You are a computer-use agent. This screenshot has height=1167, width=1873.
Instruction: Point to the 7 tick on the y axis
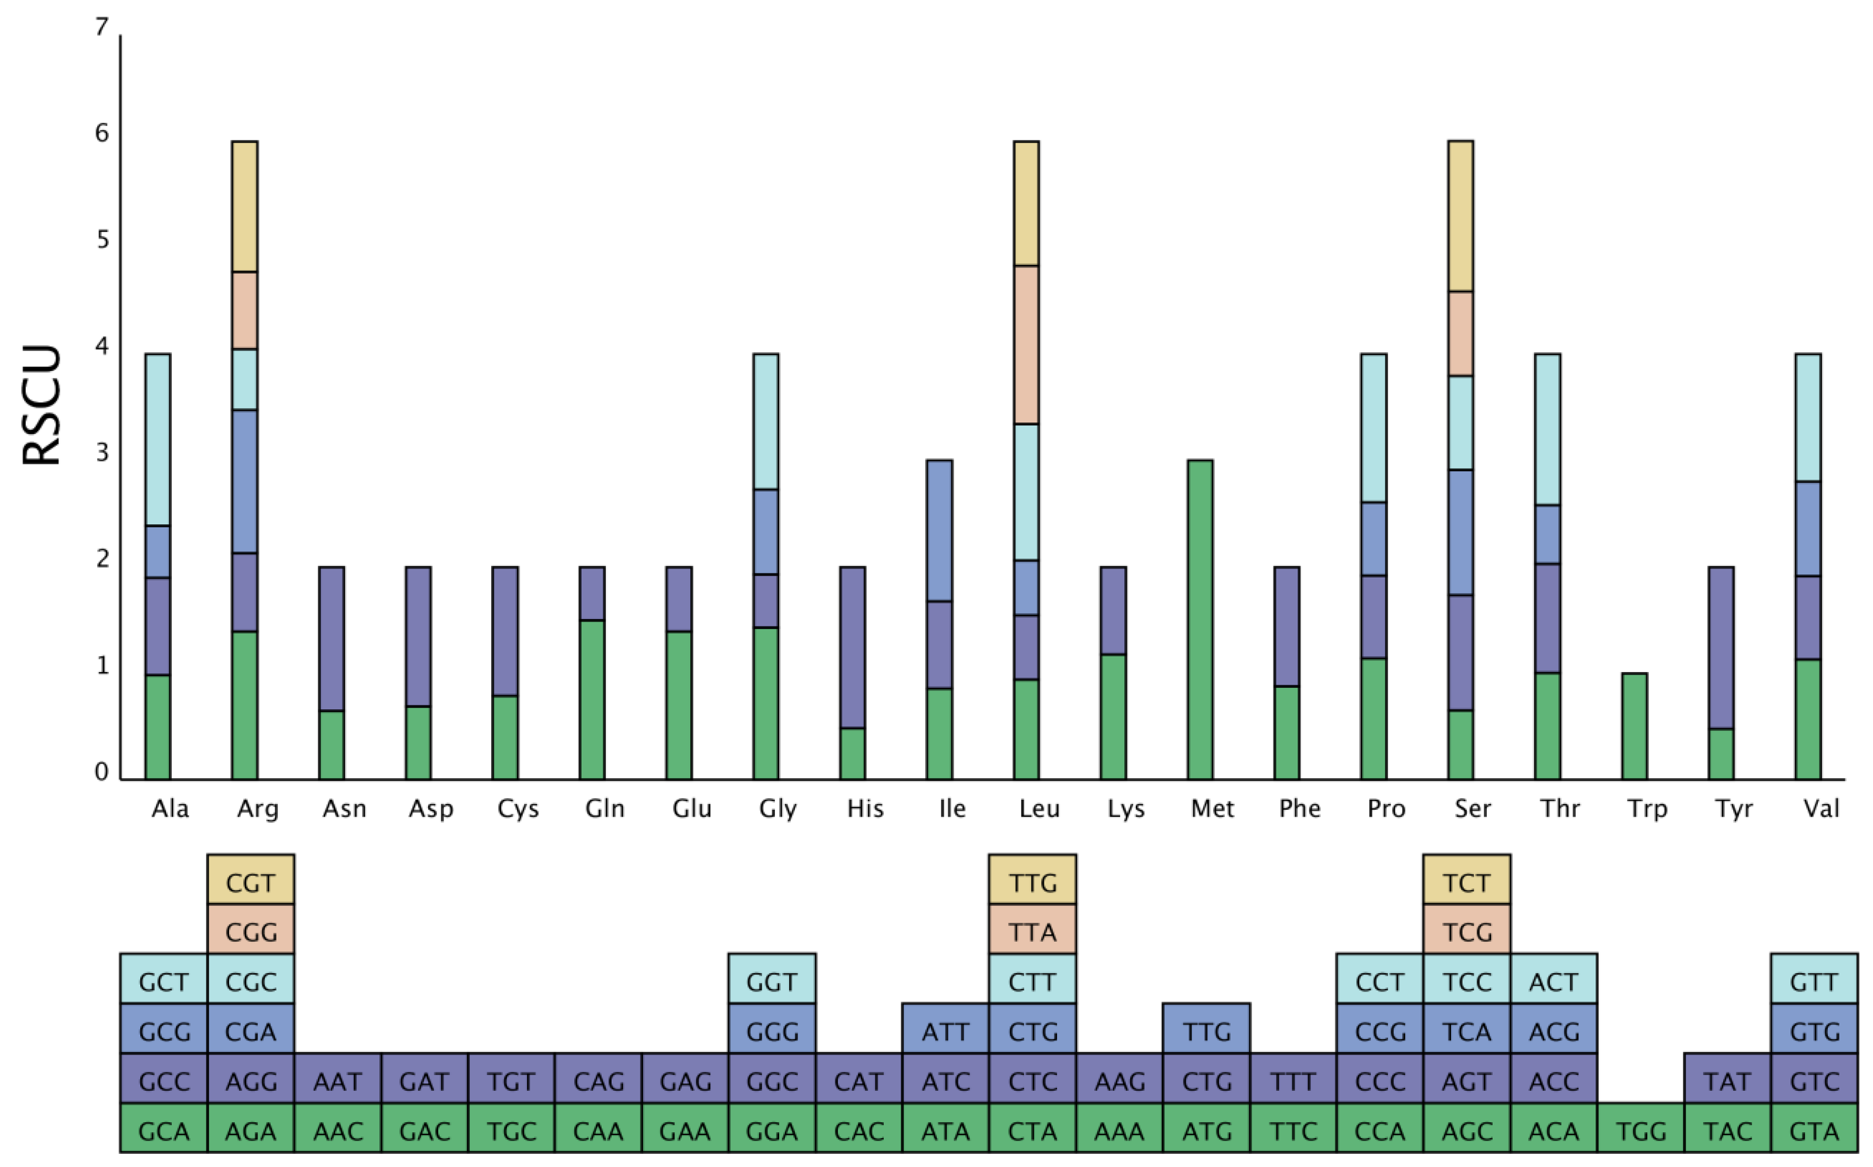tap(102, 28)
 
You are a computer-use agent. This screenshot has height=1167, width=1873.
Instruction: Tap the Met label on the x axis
tap(1213, 809)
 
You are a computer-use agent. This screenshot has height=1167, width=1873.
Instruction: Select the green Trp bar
tap(1634, 726)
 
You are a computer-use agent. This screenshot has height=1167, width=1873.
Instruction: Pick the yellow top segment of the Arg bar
tap(245, 206)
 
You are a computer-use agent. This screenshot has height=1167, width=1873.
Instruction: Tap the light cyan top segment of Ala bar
tap(158, 439)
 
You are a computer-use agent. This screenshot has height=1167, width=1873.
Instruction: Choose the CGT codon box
tap(251, 883)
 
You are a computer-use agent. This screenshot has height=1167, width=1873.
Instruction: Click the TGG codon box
tap(1641, 1131)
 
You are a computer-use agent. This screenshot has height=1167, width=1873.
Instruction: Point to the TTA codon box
tap(1032, 932)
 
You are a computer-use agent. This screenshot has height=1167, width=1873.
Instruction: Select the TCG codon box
tap(1466, 932)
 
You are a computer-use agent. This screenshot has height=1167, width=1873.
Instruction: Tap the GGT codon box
tap(772, 982)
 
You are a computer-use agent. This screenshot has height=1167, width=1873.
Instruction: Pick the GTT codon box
tap(1814, 982)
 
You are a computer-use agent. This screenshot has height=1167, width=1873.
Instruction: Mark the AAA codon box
tap(1119, 1131)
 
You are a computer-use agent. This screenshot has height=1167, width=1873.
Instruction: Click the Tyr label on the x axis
tap(1733, 809)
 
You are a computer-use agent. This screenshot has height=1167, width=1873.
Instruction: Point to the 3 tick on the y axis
tap(102, 453)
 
